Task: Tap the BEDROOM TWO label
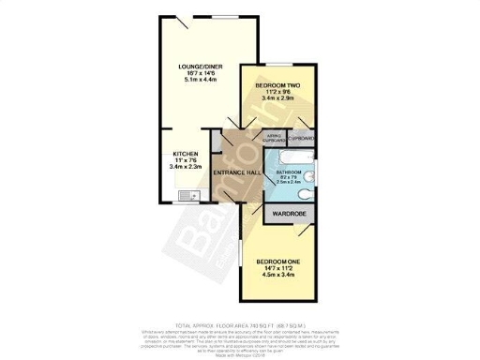pos(277,85)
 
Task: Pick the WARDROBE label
pos(291,215)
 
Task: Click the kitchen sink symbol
pos(185,195)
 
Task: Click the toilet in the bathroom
pos(310,196)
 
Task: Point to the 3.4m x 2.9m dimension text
pos(277,98)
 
